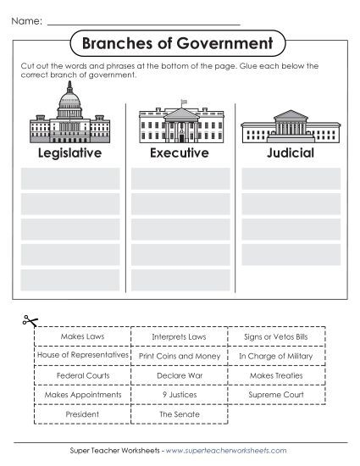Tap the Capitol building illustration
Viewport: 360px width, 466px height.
(69, 120)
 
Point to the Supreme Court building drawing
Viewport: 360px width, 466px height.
(290, 130)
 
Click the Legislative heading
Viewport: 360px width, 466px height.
(69, 153)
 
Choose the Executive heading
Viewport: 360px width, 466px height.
(179, 153)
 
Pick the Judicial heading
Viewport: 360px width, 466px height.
(290, 153)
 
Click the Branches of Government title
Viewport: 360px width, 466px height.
(179, 42)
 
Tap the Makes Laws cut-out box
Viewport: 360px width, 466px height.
(83, 337)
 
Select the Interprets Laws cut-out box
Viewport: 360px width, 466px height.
(179, 337)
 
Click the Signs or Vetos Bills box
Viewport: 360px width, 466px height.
(275, 337)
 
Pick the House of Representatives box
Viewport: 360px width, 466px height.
(83, 357)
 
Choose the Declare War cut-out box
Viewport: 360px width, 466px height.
(179, 375)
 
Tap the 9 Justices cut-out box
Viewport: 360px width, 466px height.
(179, 395)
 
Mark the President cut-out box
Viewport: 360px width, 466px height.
(83, 415)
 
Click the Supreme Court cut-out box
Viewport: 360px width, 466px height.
(275, 395)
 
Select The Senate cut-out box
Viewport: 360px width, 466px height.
(179, 415)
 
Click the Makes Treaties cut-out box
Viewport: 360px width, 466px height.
(275, 375)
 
